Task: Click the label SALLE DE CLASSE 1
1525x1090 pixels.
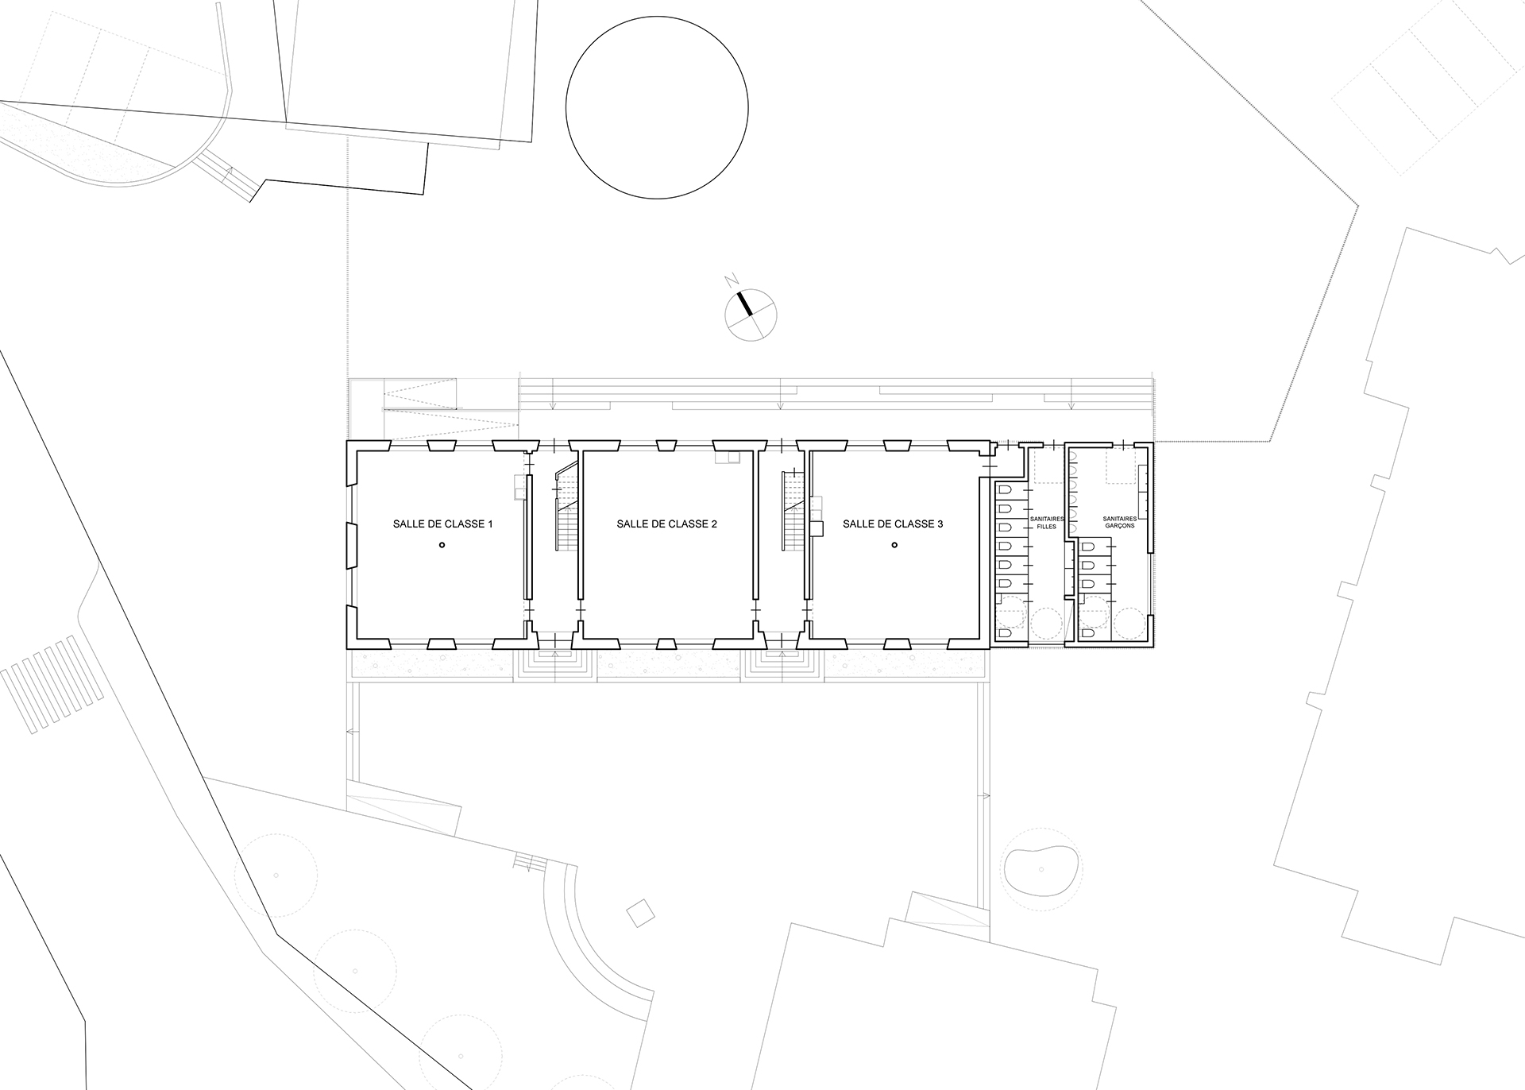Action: [x=443, y=524]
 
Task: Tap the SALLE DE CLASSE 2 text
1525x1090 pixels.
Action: [x=667, y=524]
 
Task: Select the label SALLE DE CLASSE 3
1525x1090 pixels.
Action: [x=893, y=524]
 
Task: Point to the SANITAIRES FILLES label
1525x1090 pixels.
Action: [x=1046, y=522]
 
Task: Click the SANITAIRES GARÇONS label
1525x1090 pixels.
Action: [x=1119, y=522]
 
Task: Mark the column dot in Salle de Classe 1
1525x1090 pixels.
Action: [x=442, y=545]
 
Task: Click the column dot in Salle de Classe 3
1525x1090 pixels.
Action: [x=894, y=545]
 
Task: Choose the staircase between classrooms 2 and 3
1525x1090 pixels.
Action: [x=793, y=513]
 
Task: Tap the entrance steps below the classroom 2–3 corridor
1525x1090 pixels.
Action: [x=782, y=663]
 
